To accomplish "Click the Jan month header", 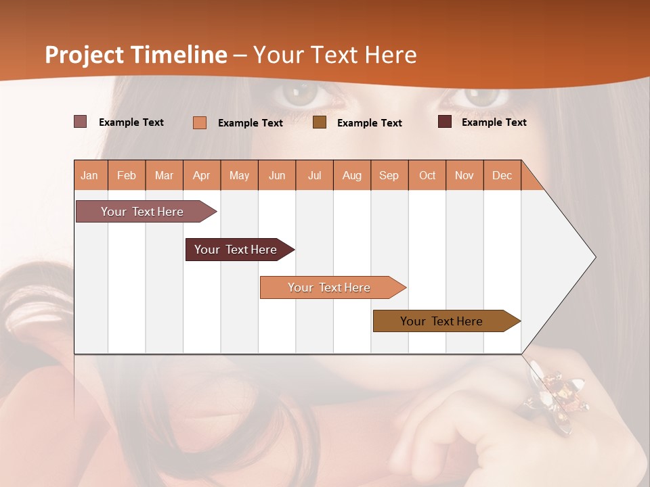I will (89, 175).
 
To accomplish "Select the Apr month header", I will (202, 175).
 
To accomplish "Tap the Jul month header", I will (314, 175).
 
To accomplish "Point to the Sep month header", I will (389, 175).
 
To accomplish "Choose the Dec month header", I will (502, 175).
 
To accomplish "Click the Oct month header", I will (427, 175).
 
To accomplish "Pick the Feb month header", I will (127, 175).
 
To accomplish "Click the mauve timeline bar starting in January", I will (143, 212).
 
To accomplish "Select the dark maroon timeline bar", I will (236, 250).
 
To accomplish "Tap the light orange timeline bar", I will (330, 287).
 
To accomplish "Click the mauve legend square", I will (81, 122).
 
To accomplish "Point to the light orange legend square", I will (200, 122).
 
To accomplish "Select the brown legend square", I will (320, 122).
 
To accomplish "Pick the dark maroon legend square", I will (445, 122).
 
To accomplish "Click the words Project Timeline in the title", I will (136, 55).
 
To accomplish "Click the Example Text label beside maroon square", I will (494, 122).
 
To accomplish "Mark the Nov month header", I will (464, 175).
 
